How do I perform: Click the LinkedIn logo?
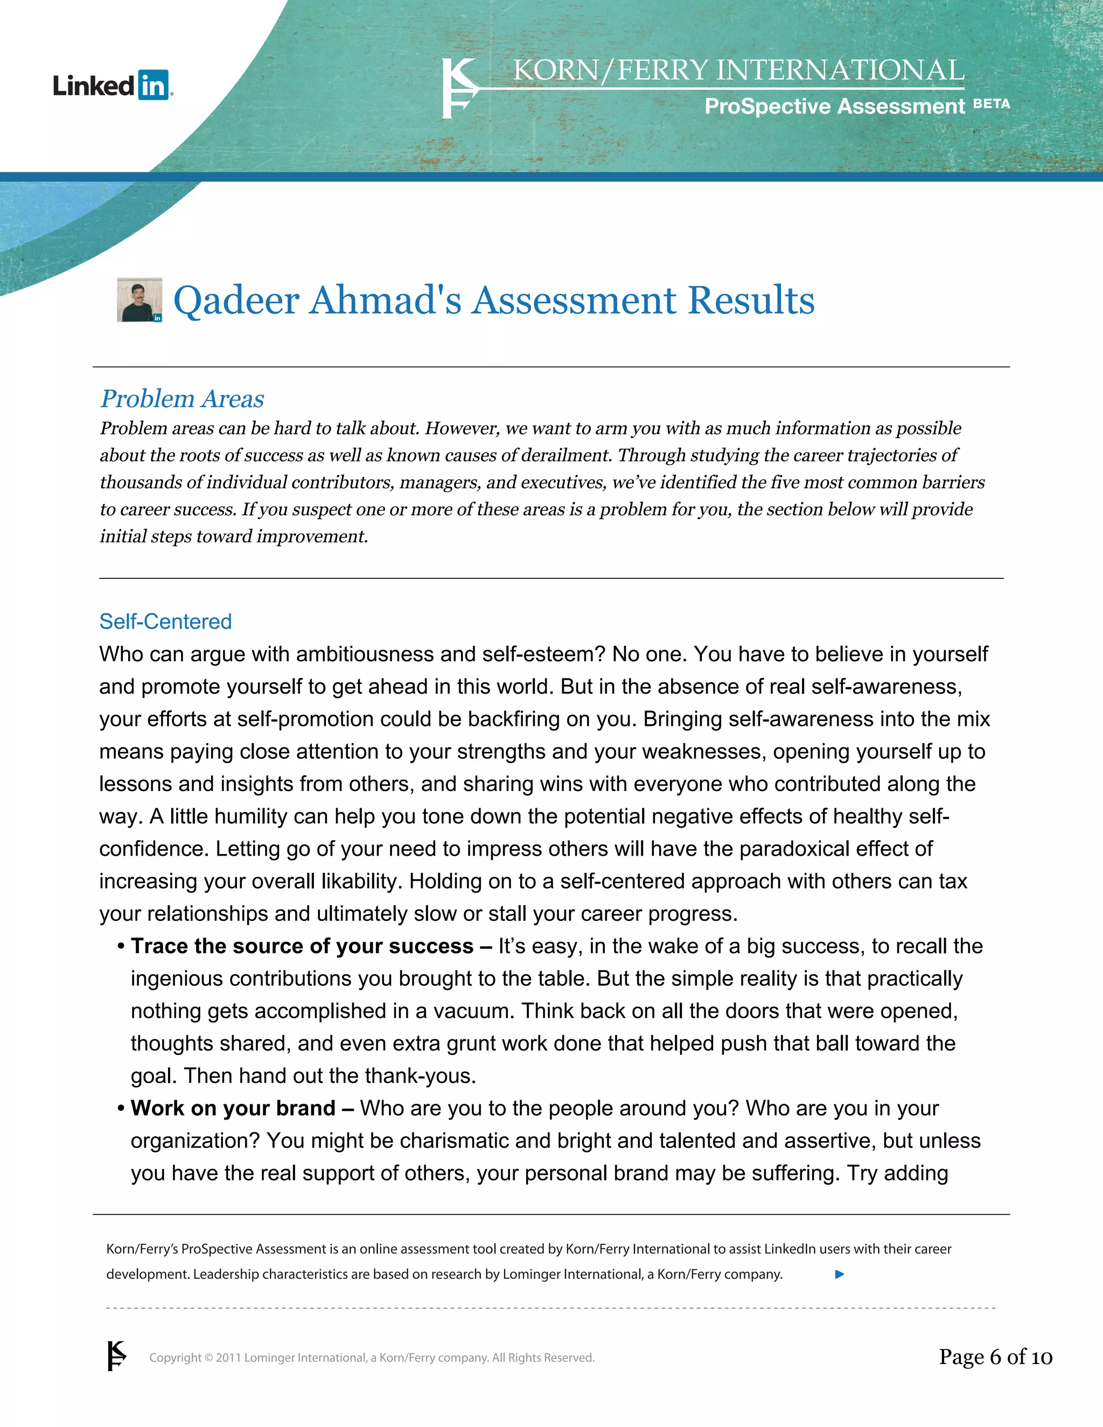click(113, 85)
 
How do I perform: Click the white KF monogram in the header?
click(459, 88)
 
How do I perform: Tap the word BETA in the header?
click(992, 104)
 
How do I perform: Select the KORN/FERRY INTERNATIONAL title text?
click(738, 71)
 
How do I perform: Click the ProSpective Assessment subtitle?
click(834, 106)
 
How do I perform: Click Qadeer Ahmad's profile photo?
click(139, 300)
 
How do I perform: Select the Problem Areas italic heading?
click(183, 398)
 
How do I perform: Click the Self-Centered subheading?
click(165, 621)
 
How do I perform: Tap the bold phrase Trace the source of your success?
click(302, 946)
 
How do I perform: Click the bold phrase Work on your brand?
click(233, 1108)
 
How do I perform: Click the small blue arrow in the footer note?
click(840, 1274)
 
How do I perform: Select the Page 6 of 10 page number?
click(995, 1357)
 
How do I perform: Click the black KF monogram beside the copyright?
click(116, 1356)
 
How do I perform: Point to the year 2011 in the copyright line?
click(229, 1358)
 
